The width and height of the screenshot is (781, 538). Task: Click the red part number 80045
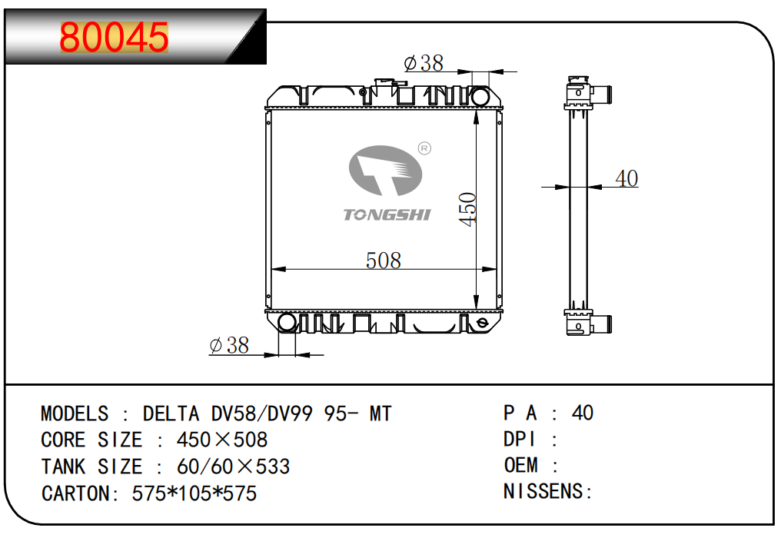[114, 37]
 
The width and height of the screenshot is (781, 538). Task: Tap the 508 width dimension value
[383, 261]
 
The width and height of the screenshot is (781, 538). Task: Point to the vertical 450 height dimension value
[468, 208]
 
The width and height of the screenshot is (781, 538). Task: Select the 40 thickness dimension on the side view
[626, 178]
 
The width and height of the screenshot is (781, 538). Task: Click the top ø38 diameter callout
[423, 63]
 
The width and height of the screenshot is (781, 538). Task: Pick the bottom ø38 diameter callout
[229, 346]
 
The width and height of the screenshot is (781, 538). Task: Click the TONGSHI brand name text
[387, 214]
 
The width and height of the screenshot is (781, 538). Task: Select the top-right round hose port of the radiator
[480, 96]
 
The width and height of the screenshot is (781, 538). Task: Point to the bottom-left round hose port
[287, 322]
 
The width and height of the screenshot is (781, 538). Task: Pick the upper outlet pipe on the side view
[603, 95]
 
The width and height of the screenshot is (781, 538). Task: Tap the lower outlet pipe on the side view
[603, 324]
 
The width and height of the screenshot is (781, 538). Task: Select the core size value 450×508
[221, 440]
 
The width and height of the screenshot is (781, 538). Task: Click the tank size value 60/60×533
[233, 467]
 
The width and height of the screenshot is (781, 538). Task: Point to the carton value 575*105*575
[194, 493]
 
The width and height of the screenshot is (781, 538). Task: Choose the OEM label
[520, 465]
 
